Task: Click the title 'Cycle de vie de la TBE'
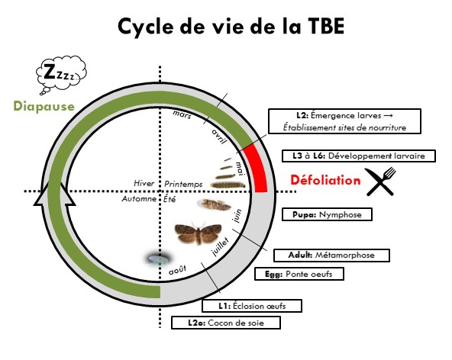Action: point(231,27)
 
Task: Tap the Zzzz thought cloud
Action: point(60,74)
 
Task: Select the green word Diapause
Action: point(44,106)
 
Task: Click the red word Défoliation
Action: point(325,180)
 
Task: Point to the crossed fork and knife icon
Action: point(381,182)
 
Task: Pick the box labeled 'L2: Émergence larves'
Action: point(344,121)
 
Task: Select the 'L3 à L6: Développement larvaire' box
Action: point(359,156)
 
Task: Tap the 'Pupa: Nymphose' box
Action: point(327,214)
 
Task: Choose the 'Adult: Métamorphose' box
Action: point(331,256)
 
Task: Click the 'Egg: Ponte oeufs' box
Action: point(299,274)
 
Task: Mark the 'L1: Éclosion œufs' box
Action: point(252,306)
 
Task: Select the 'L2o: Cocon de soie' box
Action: point(226,323)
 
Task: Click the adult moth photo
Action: point(198,233)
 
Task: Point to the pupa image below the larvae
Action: point(215,204)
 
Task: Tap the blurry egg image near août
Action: point(159,259)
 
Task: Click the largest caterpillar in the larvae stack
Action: point(228,185)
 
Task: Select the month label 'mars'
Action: point(182,114)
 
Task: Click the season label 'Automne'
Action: point(139,199)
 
